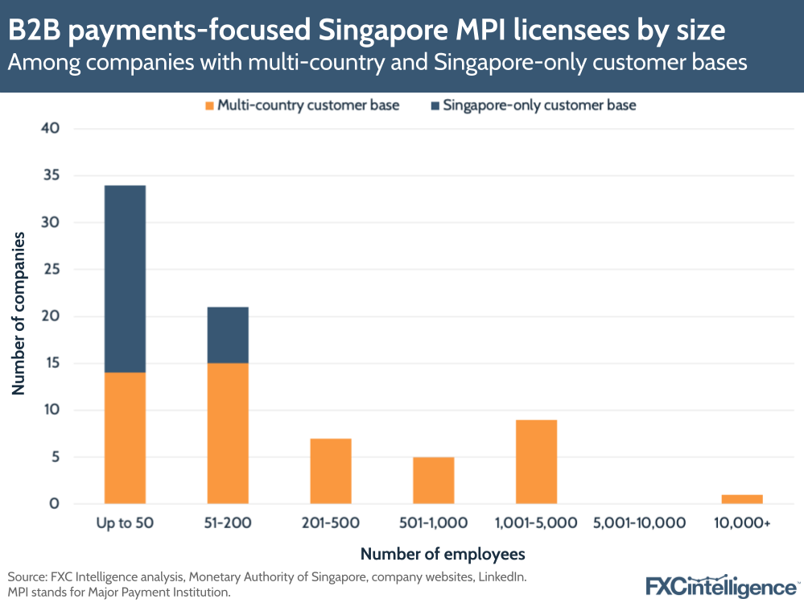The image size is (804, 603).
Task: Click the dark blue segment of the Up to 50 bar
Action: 125,279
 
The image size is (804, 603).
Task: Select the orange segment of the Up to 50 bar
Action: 125,438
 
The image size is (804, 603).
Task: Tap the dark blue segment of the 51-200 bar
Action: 228,335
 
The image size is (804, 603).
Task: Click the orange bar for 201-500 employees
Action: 331,471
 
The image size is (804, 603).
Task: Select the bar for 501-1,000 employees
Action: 434,481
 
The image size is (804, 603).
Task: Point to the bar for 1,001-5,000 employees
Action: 536,461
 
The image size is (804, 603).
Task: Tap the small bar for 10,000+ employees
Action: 742,499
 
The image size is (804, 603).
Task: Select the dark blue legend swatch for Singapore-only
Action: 435,105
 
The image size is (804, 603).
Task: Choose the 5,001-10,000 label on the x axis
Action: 639,523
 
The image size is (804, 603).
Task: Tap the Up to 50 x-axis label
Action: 125,523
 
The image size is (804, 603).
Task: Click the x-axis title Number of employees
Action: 442,554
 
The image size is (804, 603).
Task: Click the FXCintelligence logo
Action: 720,585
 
